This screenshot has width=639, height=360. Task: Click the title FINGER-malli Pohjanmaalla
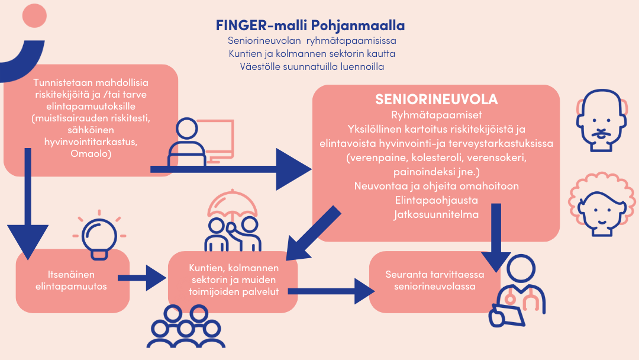coord(310,25)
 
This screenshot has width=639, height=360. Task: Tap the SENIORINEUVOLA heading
coord(437,99)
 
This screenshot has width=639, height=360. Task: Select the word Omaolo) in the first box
coord(91,154)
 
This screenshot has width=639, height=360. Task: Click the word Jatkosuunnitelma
coord(436,214)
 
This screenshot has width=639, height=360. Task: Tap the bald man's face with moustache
coord(601,120)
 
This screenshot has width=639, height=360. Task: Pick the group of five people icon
coord(186,326)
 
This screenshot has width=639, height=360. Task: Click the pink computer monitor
coord(216,141)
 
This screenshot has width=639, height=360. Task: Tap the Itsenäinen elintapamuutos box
coord(73,281)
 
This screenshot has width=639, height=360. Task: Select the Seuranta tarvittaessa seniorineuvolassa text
coord(435,280)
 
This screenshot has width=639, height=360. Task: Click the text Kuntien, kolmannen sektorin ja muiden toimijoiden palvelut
coord(234,279)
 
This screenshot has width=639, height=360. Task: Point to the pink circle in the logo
coord(34,15)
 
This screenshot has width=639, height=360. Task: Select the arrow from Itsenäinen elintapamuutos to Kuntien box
coord(142,278)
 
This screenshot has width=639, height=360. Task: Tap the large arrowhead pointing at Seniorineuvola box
coord(293,169)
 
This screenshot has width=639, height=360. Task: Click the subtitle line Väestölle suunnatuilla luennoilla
coord(312,66)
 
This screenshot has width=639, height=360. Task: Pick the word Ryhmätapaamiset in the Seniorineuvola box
coord(437,115)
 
